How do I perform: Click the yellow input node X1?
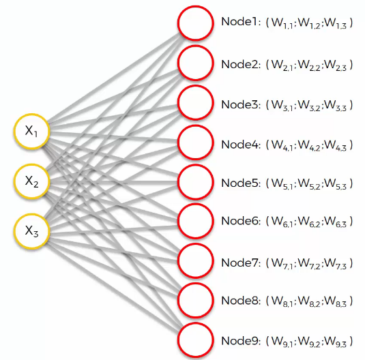(x=32, y=131)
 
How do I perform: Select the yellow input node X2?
(x=32, y=181)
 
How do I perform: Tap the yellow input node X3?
(x=32, y=231)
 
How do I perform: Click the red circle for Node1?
(x=196, y=23)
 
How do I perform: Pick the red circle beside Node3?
(x=196, y=103)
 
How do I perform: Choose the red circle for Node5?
(x=196, y=182)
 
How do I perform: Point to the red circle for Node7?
(x=196, y=261)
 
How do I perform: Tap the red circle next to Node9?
(x=196, y=340)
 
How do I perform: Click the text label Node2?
(x=240, y=64)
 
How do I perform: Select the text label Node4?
(x=240, y=145)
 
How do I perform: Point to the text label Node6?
(x=240, y=221)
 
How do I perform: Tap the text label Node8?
(x=240, y=301)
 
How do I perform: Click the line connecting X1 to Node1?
(x=115, y=78)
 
